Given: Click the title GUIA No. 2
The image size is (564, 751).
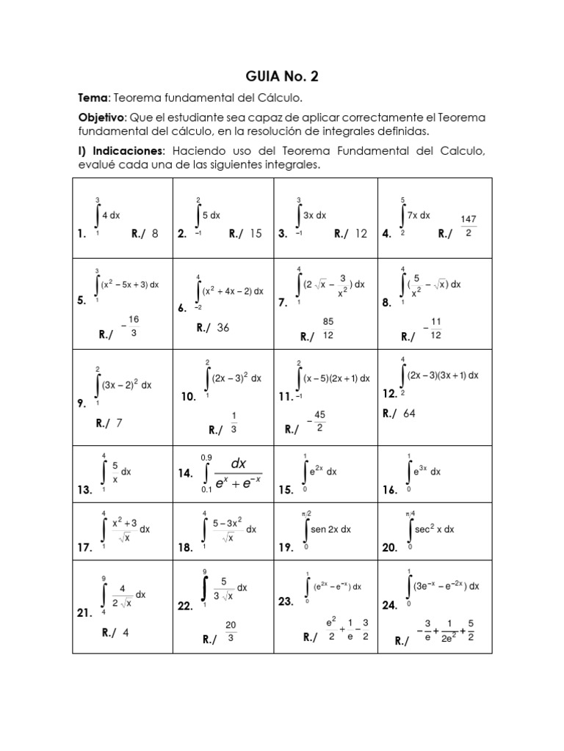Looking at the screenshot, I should [282, 76].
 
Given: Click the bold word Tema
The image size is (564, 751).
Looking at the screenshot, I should [93, 98].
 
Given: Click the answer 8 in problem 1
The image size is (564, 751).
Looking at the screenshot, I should [155, 234].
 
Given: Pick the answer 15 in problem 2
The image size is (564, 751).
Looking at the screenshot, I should [256, 234].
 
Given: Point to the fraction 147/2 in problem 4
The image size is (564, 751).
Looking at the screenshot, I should [469, 226].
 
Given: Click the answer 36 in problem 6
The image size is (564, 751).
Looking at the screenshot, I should [223, 328].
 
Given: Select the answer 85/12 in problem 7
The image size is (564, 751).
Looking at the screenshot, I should [328, 328].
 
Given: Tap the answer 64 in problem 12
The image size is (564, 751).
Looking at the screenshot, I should [409, 414].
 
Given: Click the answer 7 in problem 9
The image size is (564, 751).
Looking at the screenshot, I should [119, 423].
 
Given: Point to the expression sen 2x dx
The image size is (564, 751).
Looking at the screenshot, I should [330, 529].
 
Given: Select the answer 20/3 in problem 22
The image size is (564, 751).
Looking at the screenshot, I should [230, 631].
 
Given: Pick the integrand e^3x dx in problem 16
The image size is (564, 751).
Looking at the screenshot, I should [426, 472].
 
